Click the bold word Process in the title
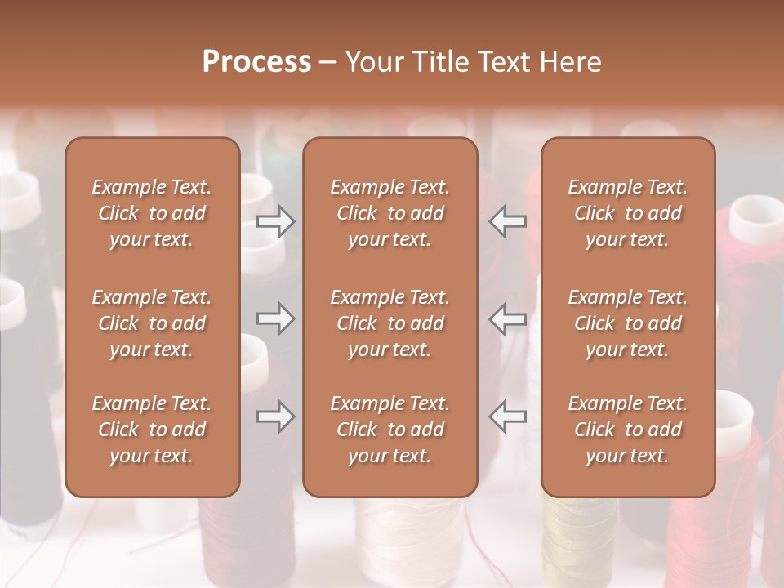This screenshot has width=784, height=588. [x=256, y=62]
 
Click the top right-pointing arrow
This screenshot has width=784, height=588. [x=276, y=221]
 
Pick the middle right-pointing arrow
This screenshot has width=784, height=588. [x=276, y=318]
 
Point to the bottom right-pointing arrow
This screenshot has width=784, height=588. [x=276, y=416]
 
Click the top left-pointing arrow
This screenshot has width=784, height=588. [x=508, y=221]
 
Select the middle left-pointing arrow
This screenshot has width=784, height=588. [x=508, y=318]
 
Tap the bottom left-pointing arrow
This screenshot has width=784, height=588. [x=508, y=416]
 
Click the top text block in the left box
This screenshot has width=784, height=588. [x=152, y=213]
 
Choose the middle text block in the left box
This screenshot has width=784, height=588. [x=152, y=323]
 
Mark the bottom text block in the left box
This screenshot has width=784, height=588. [x=152, y=430]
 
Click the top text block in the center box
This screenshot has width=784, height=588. [x=390, y=213]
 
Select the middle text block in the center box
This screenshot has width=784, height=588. [x=390, y=323]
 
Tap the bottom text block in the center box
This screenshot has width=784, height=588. [x=390, y=430]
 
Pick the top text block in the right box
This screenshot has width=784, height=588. [x=628, y=213]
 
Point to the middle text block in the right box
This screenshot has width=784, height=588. [x=628, y=323]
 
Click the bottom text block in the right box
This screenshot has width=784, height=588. [x=628, y=430]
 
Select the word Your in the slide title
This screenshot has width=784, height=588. [x=373, y=62]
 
